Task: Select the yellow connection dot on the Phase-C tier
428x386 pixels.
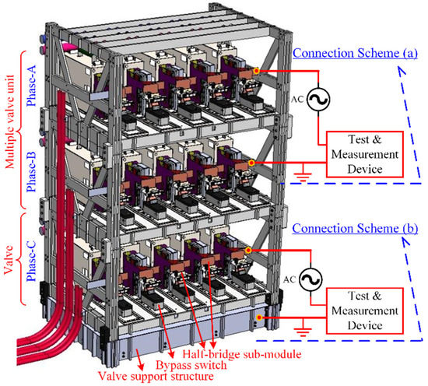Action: pyautogui.click(x=248, y=250)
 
